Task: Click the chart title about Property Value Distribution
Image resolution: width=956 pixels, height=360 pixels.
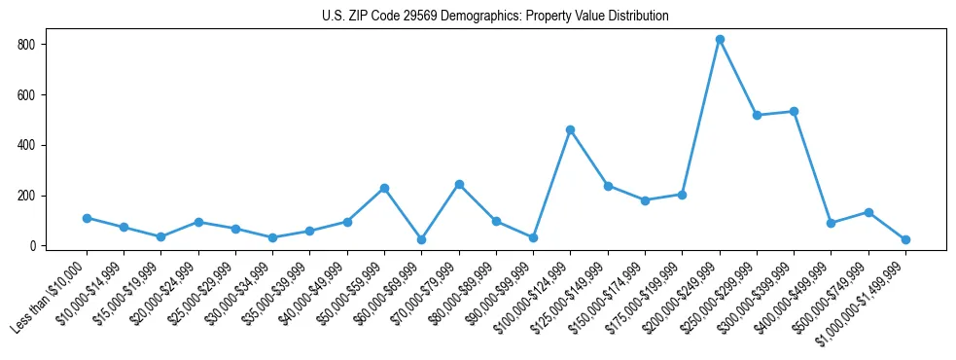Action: click(495, 17)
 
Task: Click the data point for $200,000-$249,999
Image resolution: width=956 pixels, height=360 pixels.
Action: click(720, 40)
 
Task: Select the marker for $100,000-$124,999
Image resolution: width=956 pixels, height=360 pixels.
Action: click(570, 129)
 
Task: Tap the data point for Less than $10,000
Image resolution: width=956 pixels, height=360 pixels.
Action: click(87, 218)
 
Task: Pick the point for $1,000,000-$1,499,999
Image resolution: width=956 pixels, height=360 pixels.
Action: click(905, 239)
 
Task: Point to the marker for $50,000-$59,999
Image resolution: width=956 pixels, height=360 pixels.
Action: click(384, 188)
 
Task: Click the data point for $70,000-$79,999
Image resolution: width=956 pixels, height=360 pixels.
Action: click(459, 184)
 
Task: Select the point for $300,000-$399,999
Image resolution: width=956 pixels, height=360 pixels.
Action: click(794, 111)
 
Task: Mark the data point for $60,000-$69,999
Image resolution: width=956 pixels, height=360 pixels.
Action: click(421, 239)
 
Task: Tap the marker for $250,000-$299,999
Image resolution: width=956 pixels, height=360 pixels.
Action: click(757, 115)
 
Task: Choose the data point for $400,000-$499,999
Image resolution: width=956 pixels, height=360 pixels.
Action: click(831, 223)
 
